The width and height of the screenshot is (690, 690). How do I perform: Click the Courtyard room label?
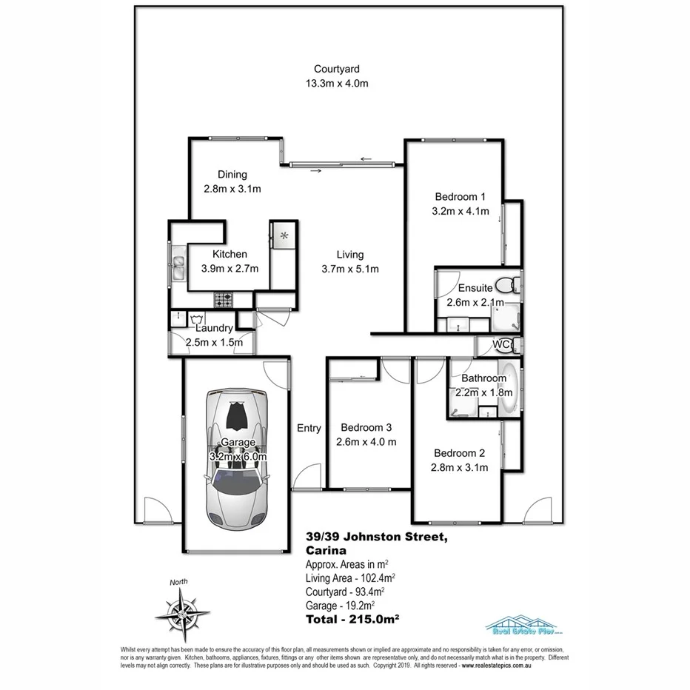pos(336,69)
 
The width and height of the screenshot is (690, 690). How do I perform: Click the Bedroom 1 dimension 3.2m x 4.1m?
pos(460,210)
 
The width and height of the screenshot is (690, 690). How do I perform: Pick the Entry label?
pos(309,428)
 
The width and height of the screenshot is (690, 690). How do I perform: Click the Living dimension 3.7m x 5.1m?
pos(350,269)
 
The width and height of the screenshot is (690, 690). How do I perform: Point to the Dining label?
pos(232,175)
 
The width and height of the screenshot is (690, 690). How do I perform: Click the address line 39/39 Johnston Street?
pos(378,537)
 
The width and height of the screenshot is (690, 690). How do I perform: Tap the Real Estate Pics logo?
pos(523,625)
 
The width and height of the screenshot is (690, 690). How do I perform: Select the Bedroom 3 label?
pos(366,427)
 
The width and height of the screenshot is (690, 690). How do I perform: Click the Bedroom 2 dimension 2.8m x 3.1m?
pos(460,467)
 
